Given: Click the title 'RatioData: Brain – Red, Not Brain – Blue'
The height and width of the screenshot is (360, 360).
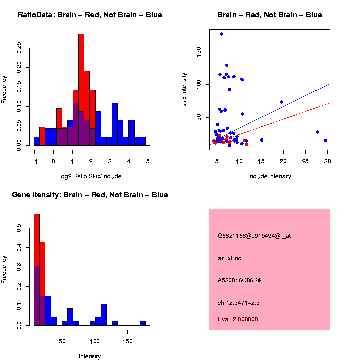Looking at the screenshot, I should point(90,15).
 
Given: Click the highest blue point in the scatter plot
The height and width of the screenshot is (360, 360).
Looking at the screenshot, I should point(221,34).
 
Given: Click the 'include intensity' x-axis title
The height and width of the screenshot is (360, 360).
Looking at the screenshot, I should point(270,176).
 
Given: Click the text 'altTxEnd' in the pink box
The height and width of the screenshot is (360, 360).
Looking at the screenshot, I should point(230,258).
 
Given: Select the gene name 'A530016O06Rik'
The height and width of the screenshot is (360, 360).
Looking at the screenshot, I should point(240,280).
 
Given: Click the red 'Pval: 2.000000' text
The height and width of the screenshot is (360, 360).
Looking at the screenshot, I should point(238,319).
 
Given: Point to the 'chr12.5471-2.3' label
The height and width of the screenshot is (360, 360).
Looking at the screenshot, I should point(238,303).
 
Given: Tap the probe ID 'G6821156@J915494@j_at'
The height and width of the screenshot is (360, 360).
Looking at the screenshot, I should point(254,236).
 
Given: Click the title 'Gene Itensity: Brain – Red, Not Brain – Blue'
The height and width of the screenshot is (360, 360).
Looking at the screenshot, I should point(90,195).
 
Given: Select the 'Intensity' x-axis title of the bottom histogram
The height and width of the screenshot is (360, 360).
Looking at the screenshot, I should point(90,356).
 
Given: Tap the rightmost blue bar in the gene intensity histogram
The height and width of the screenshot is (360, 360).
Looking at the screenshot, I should point(143,323).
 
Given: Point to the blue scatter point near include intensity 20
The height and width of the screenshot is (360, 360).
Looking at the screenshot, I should point(281,102).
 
